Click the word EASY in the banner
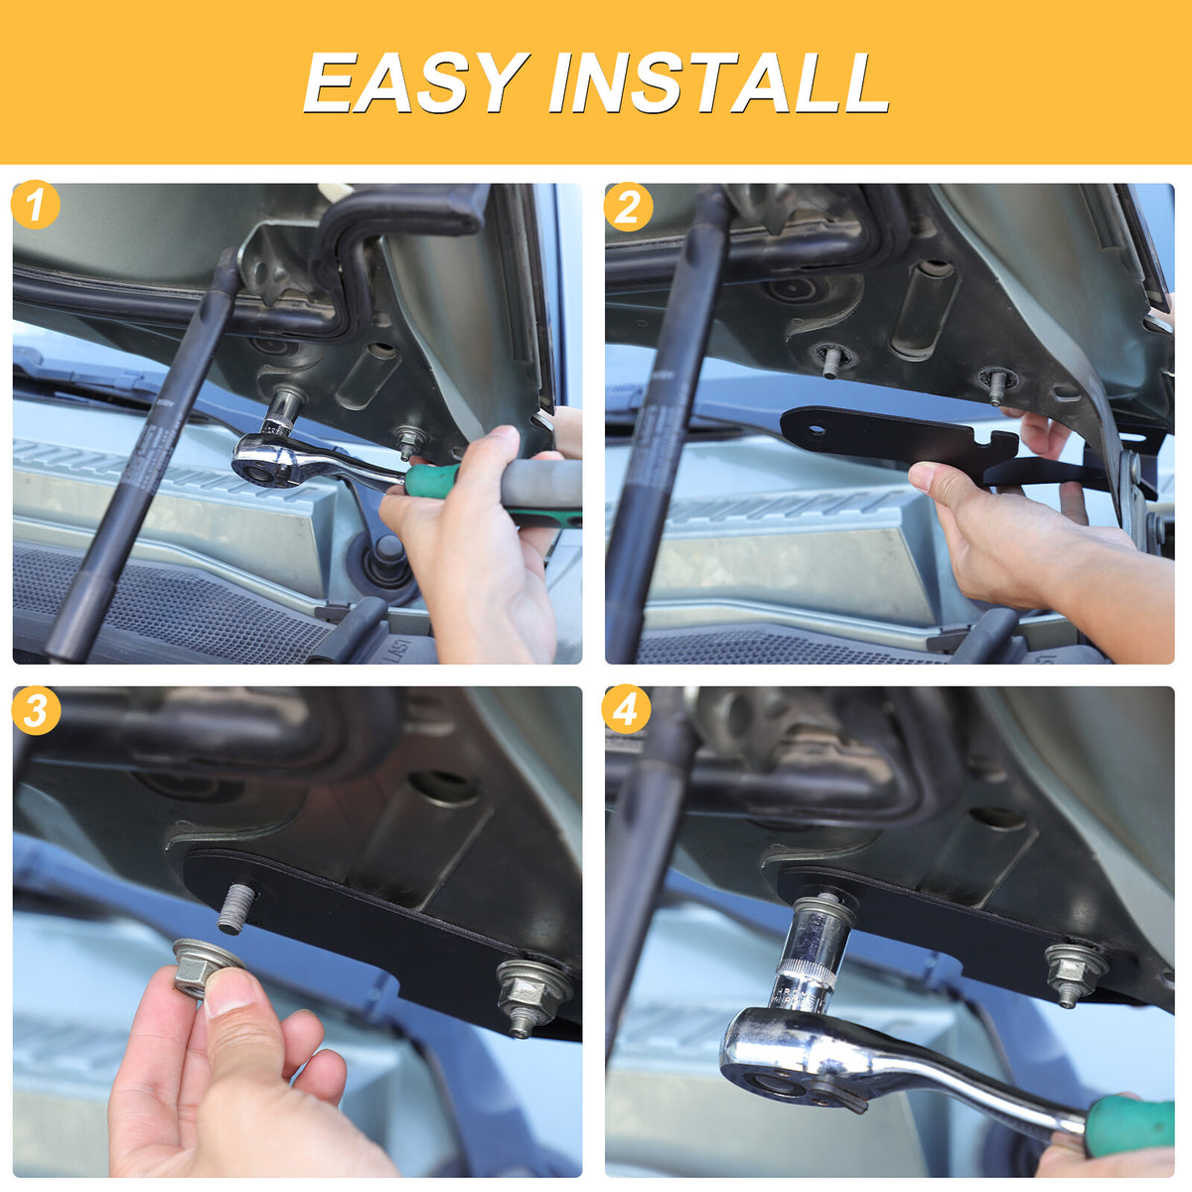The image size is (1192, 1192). [416, 82]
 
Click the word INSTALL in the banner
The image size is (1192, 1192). [719, 82]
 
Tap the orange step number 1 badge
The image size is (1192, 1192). [35, 205]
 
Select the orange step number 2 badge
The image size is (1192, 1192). [628, 208]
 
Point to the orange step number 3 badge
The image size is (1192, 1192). [36, 710]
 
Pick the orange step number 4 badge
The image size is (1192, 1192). [626, 708]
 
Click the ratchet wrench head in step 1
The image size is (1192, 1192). [272, 461]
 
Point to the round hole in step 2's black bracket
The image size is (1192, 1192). [819, 428]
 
